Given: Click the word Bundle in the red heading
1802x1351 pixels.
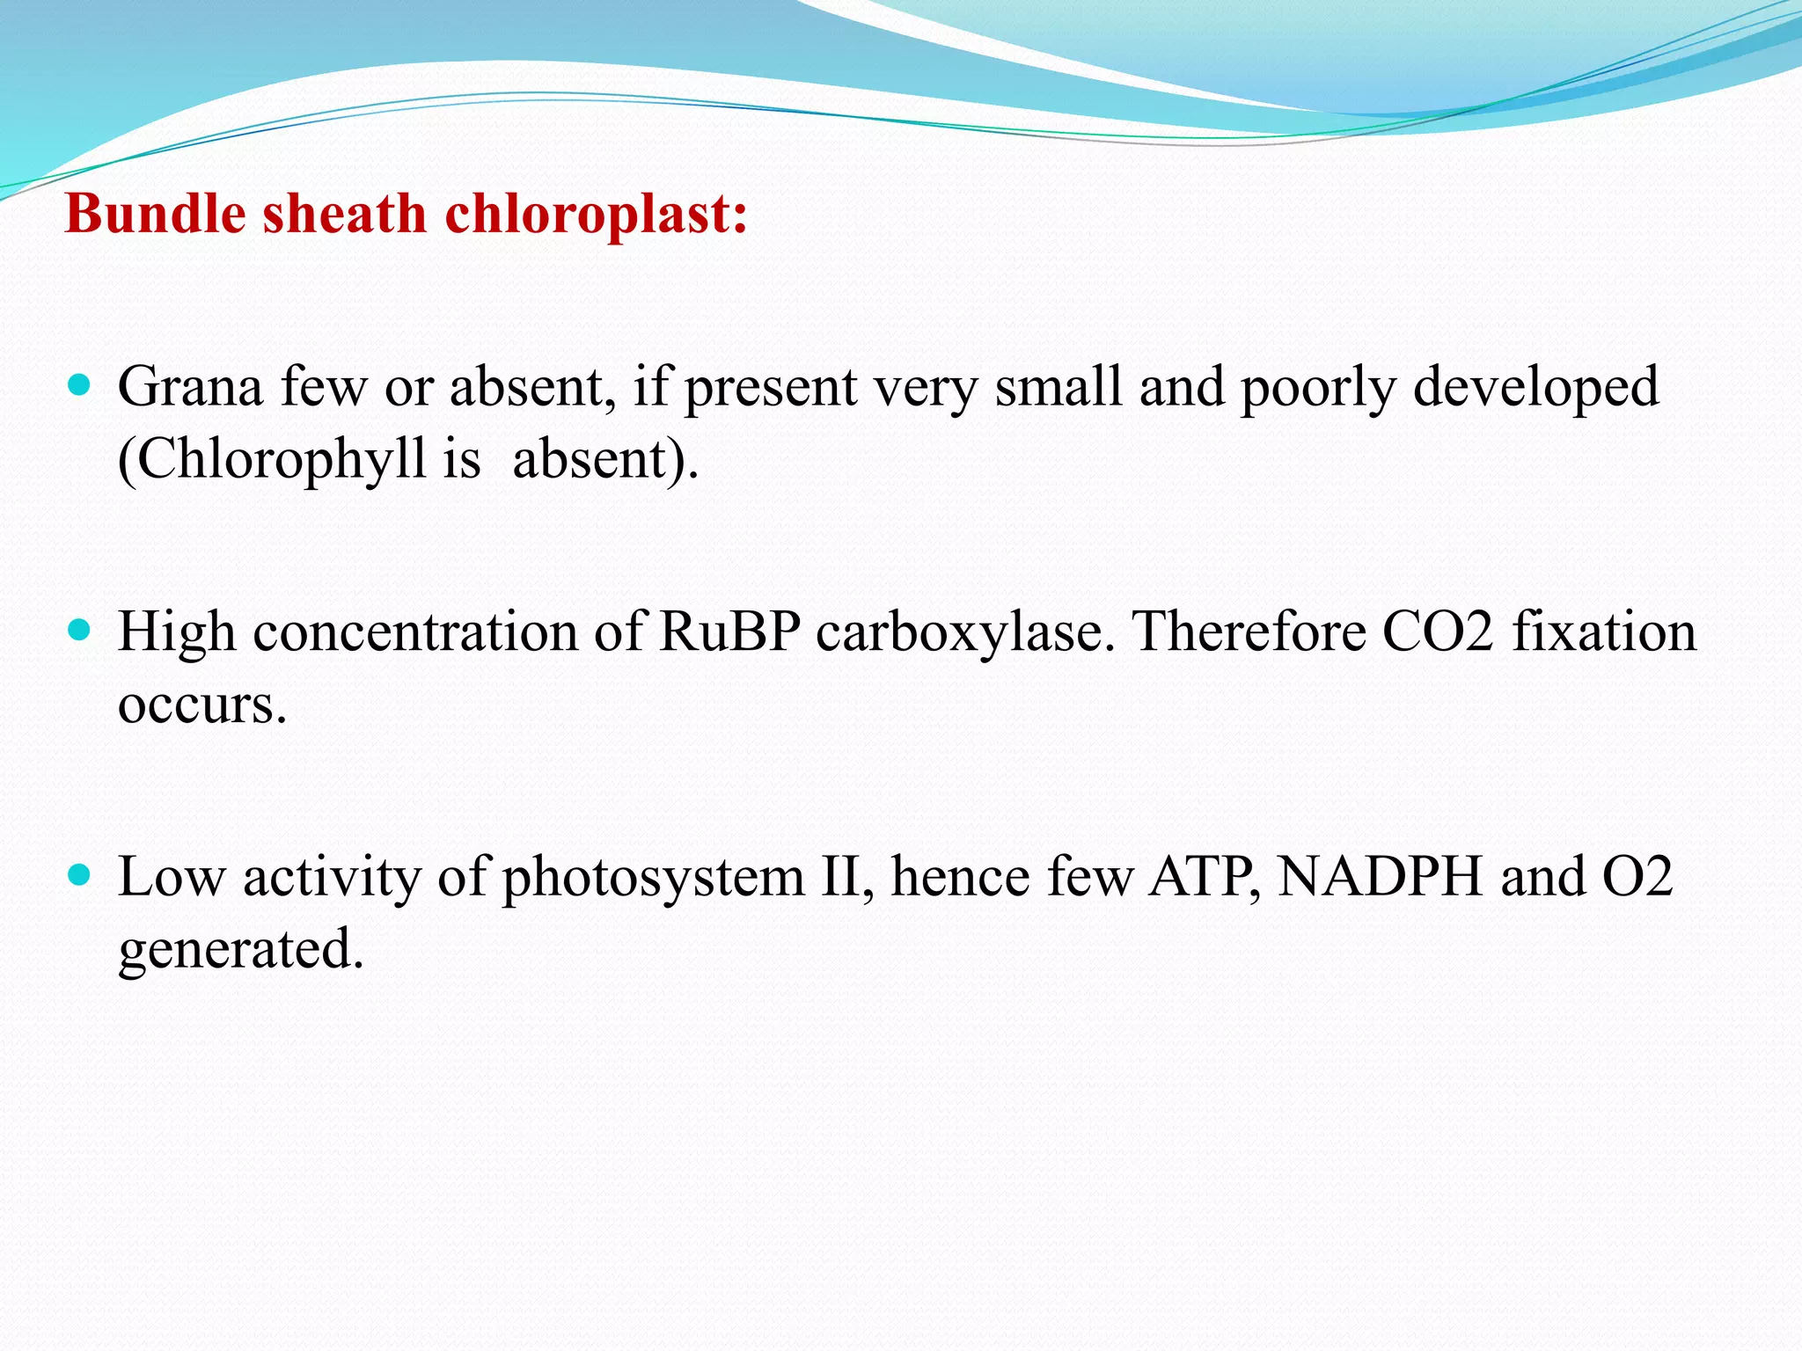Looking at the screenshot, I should pyautogui.click(x=155, y=214).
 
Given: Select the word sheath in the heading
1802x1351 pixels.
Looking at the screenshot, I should pyautogui.click(x=344, y=214).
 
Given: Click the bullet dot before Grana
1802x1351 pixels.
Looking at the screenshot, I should pyautogui.click(x=79, y=385).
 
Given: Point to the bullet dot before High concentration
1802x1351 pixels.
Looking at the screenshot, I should pyautogui.click(x=79, y=631).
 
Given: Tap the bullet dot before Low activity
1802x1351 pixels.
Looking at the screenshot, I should pyautogui.click(x=79, y=876).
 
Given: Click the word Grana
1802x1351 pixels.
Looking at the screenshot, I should pyautogui.click(x=190, y=387).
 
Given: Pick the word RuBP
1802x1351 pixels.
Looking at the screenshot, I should pyautogui.click(x=729, y=632).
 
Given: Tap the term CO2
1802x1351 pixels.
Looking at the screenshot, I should pyautogui.click(x=1438, y=632).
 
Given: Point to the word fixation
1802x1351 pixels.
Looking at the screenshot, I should pyautogui.click(x=1604, y=632).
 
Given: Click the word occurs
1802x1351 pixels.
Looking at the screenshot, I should pyautogui.click(x=202, y=705).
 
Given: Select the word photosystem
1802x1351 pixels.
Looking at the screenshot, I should pyautogui.click(x=654, y=879).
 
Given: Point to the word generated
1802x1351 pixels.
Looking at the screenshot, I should pyautogui.click(x=241, y=950).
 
